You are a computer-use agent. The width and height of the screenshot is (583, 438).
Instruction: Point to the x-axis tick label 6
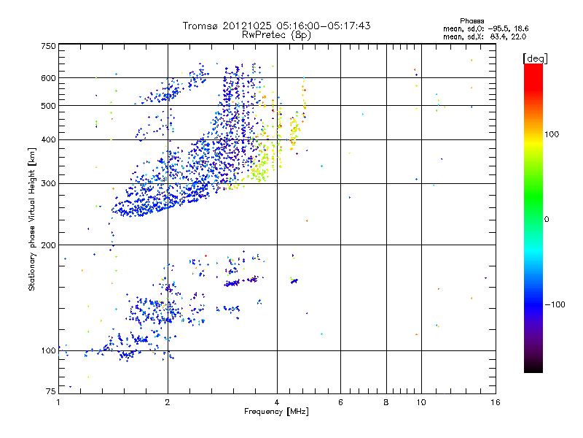[340, 402]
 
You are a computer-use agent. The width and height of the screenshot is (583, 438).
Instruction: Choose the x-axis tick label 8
[386, 402]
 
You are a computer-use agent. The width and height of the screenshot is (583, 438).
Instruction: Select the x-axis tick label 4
[277, 402]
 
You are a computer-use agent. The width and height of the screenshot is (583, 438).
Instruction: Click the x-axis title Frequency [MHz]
[277, 412]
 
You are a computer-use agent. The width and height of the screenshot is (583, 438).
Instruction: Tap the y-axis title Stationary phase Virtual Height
[32, 219]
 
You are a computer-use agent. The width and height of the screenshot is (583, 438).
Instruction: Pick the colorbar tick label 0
[547, 219]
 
